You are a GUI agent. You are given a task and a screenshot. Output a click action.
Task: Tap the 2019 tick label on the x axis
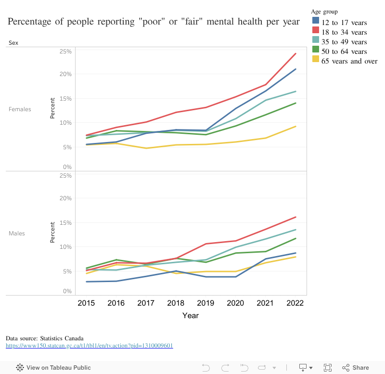tap(205, 303)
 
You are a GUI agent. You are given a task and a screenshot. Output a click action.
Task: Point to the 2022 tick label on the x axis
tap(295, 303)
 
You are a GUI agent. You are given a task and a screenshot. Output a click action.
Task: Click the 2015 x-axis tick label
tap(86, 303)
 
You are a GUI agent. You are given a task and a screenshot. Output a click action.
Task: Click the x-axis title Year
tap(190, 316)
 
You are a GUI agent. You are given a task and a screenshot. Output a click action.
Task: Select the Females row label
tap(20, 109)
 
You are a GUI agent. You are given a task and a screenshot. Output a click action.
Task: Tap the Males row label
tap(17, 233)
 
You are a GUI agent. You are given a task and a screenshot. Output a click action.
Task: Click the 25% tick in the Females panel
tap(65, 52)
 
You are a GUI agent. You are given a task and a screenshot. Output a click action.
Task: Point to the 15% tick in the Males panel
tap(65, 222)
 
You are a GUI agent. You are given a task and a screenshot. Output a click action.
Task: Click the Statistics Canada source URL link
tap(89, 345)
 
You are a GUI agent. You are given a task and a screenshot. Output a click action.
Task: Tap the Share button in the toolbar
tap(356, 368)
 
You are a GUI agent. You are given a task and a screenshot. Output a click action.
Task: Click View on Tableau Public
tap(54, 368)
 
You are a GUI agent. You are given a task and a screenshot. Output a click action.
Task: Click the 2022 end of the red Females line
tap(295, 53)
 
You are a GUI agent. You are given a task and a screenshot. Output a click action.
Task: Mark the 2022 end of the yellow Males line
tap(295, 257)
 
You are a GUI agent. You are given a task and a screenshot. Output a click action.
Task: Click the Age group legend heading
tap(324, 11)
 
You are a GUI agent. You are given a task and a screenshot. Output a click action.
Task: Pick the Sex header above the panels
tap(13, 43)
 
